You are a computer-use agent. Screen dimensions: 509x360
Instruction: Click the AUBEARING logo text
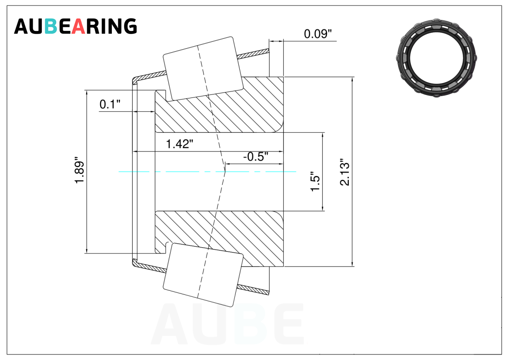(75, 26)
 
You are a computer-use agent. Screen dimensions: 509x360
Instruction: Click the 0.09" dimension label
(318, 34)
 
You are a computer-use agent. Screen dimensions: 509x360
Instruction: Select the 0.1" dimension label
(110, 104)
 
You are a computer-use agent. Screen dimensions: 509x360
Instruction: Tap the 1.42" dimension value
(180, 144)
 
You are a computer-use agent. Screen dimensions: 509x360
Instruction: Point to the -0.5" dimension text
(256, 157)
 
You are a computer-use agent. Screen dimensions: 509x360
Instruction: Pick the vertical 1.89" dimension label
(79, 171)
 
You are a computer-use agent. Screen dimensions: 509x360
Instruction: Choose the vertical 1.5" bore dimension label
(315, 182)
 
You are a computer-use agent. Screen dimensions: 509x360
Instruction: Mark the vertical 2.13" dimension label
(345, 172)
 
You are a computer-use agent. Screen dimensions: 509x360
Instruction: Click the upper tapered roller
(203, 68)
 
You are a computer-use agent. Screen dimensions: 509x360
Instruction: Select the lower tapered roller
(203, 275)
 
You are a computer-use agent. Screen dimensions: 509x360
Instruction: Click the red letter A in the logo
(78, 26)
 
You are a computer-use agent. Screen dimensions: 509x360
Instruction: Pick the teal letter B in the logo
(50, 26)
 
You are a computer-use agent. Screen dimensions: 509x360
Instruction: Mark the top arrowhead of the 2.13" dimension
(352, 80)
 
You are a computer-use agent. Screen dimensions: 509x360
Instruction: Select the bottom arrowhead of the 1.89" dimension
(87, 250)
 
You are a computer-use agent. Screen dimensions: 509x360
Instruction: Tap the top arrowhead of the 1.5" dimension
(323, 136)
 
